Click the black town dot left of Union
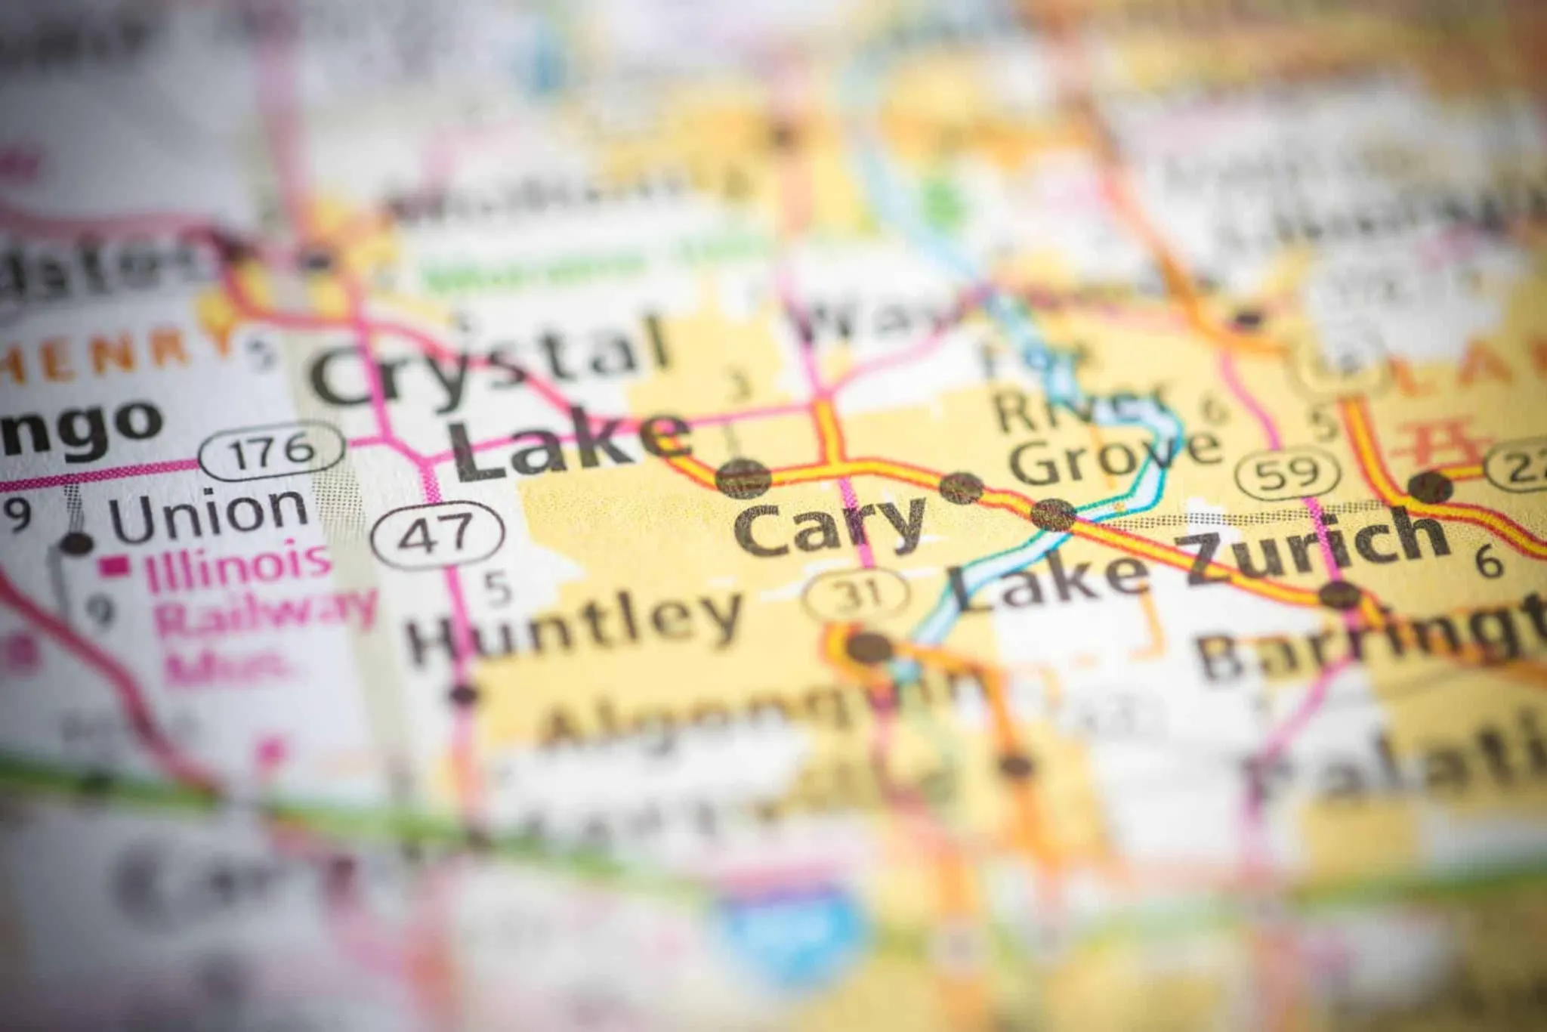[x=76, y=542]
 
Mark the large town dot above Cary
[x=743, y=478]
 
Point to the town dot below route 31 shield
[x=869, y=647]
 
